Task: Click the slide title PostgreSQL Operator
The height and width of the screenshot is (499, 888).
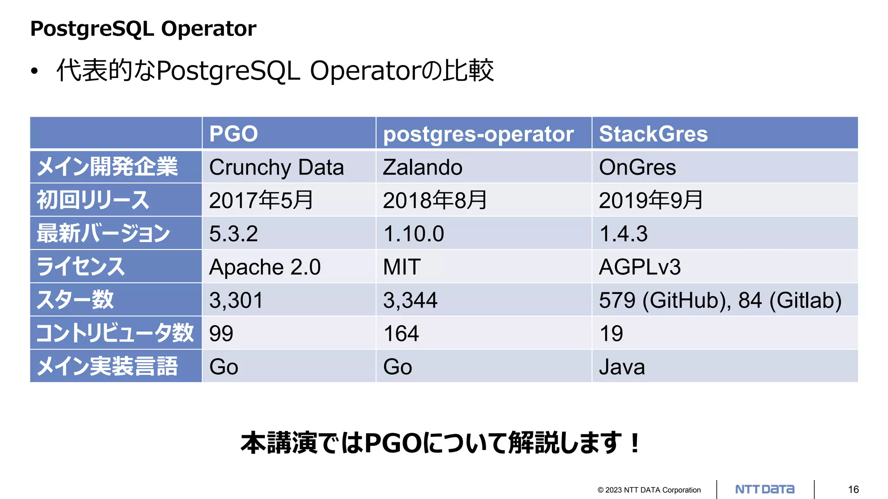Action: tap(143, 29)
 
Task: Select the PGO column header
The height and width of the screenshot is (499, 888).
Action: tap(233, 133)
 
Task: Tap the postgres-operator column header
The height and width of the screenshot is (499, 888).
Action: tap(478, 134)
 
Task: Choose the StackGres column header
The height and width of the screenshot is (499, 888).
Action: tap(653, 133)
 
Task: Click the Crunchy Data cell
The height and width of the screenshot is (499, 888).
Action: tap(276, 167)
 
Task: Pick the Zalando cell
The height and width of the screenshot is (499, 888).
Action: tap(422, 167)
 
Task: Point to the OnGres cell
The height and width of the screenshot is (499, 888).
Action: tap(637, 167)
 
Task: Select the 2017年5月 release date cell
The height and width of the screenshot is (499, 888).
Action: tap(261, 200)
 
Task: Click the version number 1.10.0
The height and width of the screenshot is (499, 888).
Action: tap(414, 233)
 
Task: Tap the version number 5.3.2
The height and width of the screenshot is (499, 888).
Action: tap(233, 233)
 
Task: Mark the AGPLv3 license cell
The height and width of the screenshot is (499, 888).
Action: tap(640, 267)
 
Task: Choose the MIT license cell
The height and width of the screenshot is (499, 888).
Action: tap(402, 267)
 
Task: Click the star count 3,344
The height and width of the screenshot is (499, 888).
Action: tap(410, 300)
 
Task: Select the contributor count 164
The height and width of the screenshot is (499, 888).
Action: tap(401, 334)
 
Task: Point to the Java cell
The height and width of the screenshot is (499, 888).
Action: tap(622, 367)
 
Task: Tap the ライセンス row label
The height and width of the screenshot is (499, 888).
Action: tap(81, 267)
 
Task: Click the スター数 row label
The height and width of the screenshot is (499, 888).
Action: tap(75, 300)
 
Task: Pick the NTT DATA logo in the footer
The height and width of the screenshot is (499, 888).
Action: tap(765, 489)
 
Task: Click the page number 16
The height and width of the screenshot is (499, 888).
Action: tap(853, 489)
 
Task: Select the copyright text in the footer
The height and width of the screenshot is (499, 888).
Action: tap(649, 490)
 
